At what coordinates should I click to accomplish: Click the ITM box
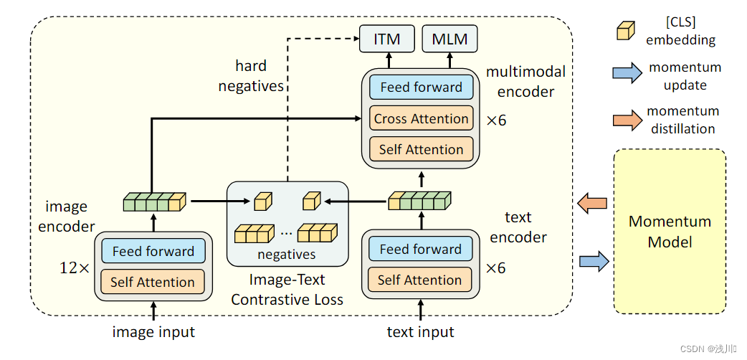click(386, 39)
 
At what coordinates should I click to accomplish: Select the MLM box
click(449, 39)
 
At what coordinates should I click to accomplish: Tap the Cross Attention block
click(421, 118)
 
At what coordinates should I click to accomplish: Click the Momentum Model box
click(670, 231)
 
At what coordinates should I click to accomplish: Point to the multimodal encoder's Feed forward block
click(421, 87)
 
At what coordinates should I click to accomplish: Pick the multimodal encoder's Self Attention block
click(421, 149)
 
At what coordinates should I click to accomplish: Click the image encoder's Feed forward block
click(153, 251)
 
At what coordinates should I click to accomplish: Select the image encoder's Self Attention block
click(153, 282)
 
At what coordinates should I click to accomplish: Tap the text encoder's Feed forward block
click(420, 249)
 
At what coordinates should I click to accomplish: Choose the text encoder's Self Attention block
click(420, 280)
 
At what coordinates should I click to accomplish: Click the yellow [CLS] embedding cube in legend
click(625, 30)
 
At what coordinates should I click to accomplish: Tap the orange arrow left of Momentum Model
click(593, 204)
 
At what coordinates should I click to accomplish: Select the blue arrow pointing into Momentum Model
click(593, 261)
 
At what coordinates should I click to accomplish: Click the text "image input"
click(153, 332)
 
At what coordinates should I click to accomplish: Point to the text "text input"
click(420, 332)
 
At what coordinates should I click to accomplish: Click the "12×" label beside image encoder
click(74, 268)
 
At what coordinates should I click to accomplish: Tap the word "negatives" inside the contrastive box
click(287, 254)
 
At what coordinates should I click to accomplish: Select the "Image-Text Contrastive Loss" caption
click(287, 288)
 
